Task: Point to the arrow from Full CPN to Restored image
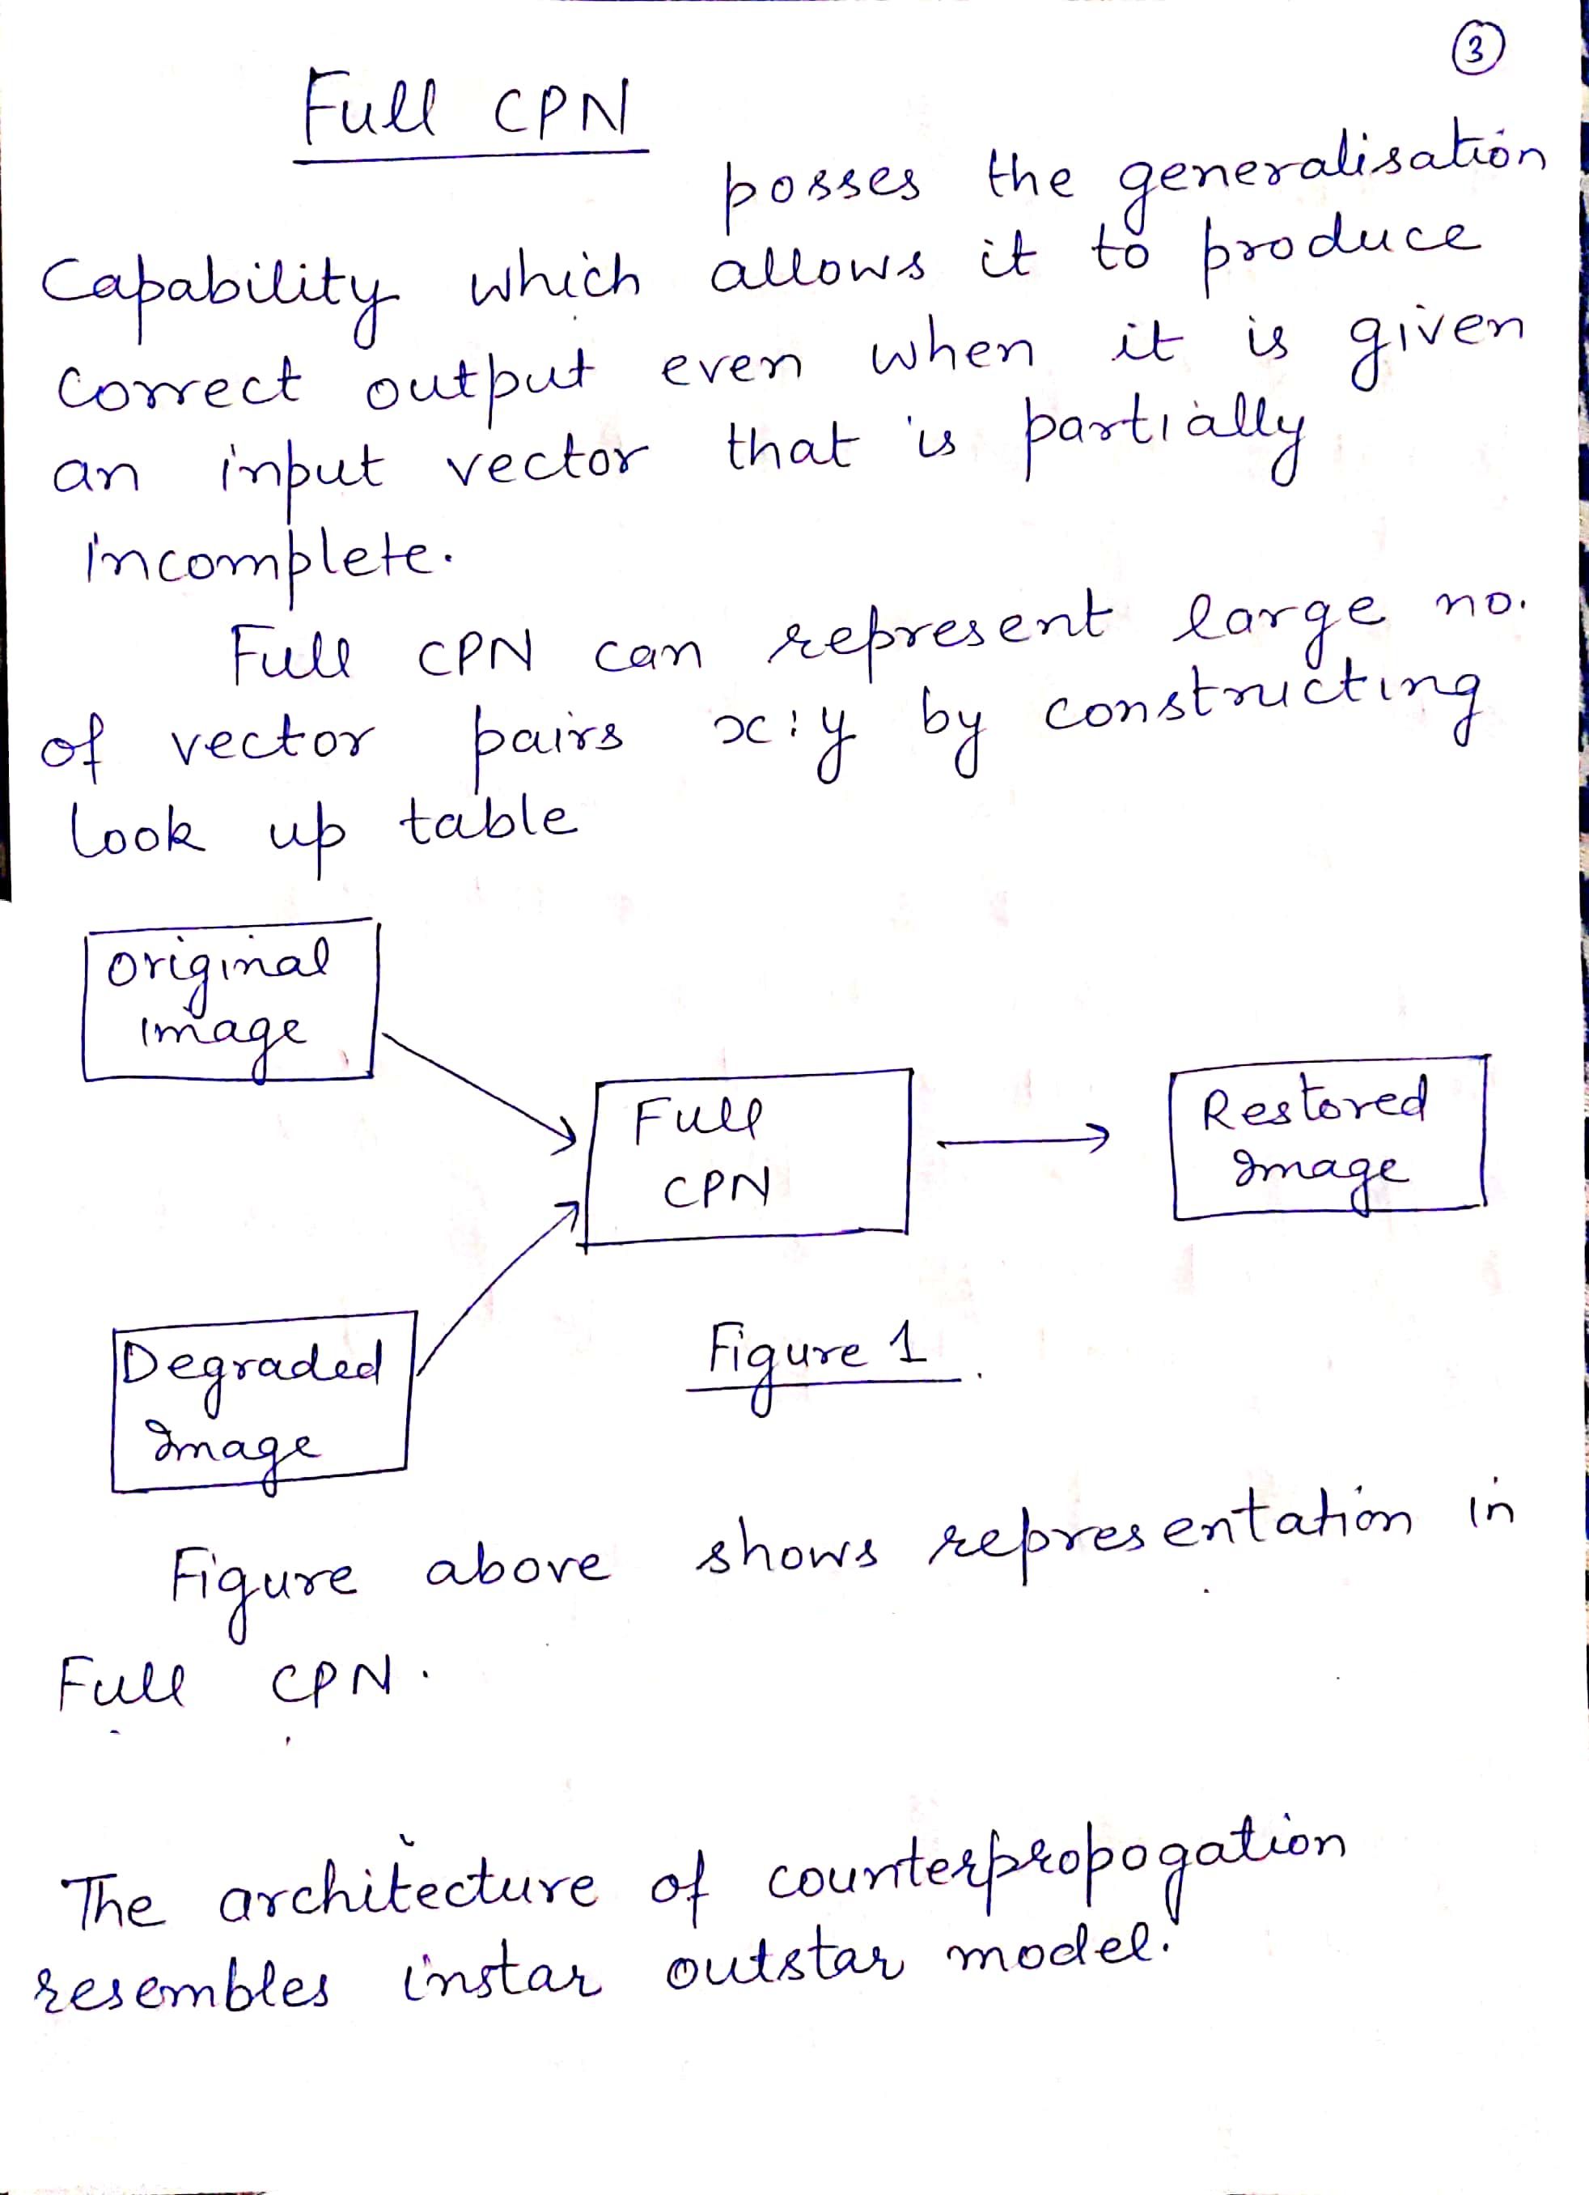[1020, 1140]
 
